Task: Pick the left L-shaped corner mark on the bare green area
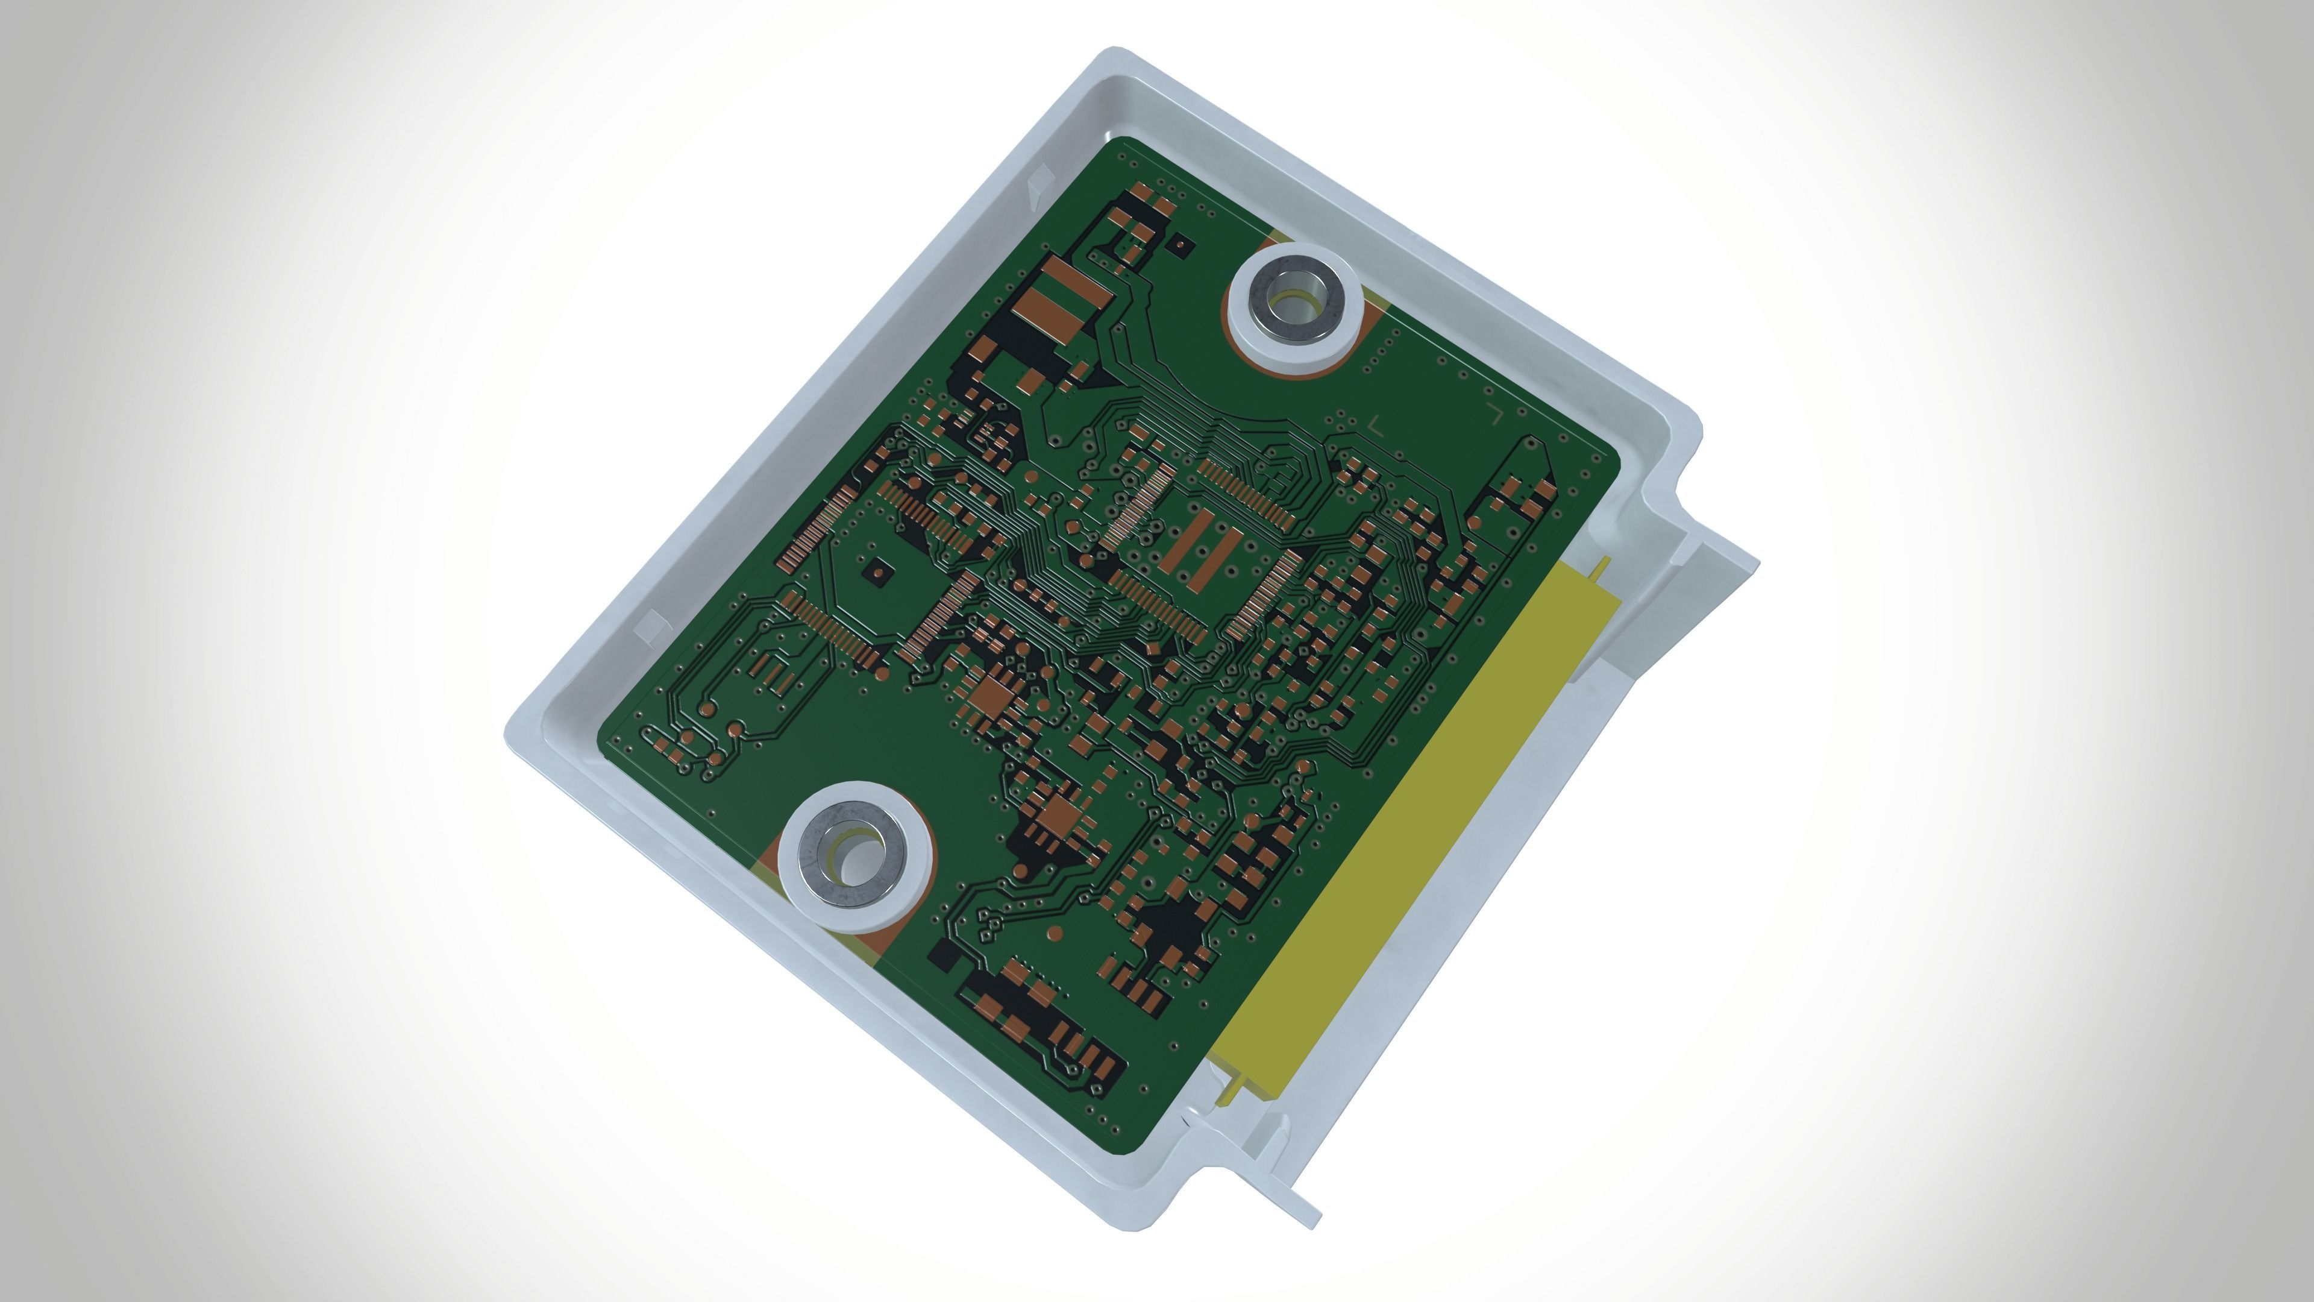coord(1376,424)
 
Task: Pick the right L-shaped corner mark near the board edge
coord(1496,414)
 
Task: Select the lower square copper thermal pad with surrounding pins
coord(1062,815)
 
